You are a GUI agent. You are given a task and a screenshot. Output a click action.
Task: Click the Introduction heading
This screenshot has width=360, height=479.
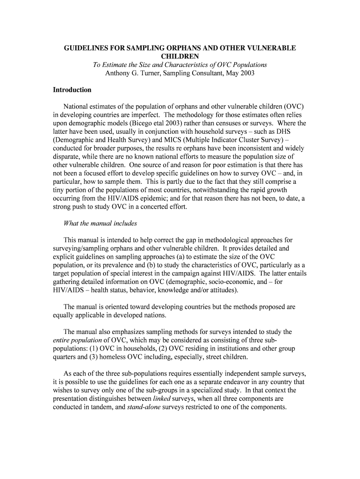coord(72,90)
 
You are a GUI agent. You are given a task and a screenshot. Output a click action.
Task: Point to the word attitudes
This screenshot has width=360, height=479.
coord(221,290)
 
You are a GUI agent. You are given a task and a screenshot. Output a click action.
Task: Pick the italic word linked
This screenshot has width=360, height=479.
coord(161,399)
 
